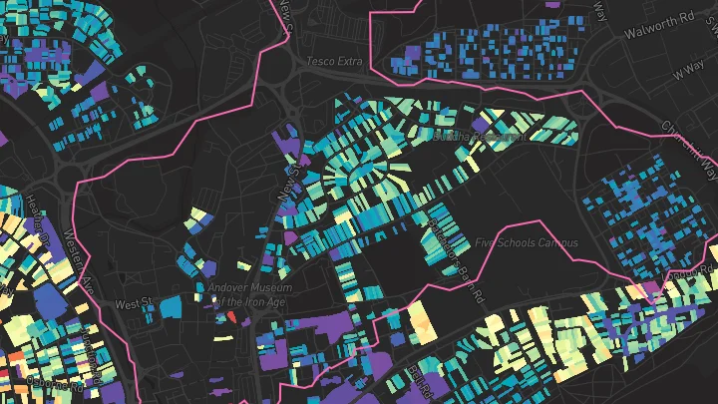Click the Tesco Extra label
[x=334, y=62]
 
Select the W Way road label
[x=688, y=72]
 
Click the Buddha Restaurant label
[x=479, y=138]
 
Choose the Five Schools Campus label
[x=527, y=242]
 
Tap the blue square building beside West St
[x=170, y=305]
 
